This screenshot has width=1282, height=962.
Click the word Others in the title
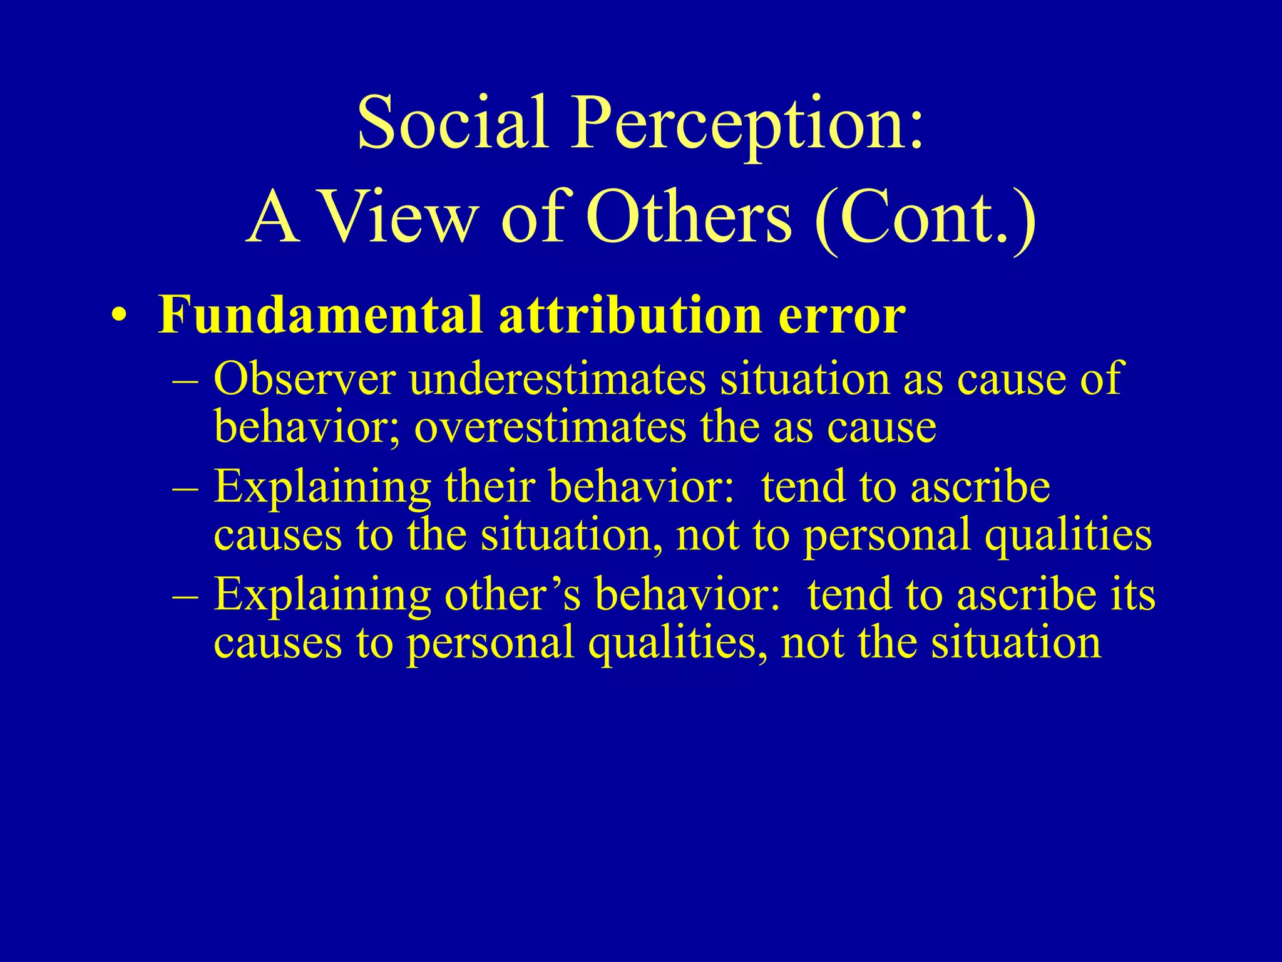click(689, 217)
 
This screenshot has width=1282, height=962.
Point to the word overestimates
click(550, 427)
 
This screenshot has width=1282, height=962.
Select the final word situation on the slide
click(1015, 643)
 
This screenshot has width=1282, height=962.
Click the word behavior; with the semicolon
click(306, 427)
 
